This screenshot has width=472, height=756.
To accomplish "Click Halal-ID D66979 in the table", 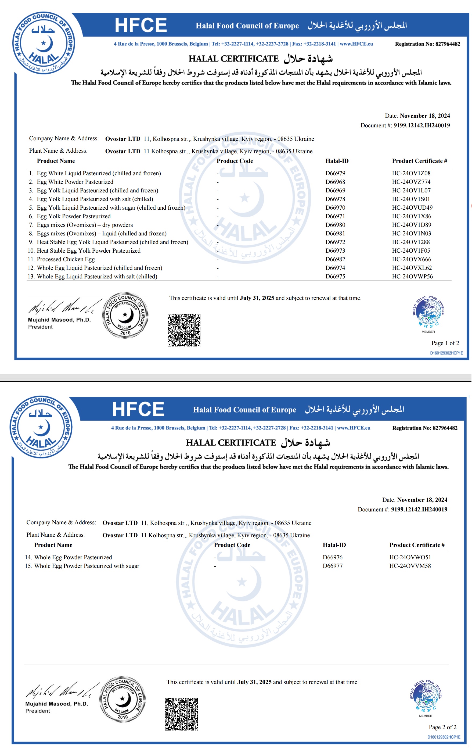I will pos(335,173).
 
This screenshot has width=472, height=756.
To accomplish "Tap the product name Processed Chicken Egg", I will pos(66,259).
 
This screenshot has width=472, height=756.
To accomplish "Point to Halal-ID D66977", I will pos(333,566).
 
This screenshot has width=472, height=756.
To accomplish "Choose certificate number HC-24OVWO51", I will pos(410,557).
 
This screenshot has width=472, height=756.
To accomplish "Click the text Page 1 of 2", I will pos(445,343).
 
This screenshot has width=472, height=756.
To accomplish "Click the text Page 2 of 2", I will pos(442,727).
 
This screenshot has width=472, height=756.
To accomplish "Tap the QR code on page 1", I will pos(184,330).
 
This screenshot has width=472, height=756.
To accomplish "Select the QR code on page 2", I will pos(181,714).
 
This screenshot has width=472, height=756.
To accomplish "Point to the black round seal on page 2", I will pos(122,699).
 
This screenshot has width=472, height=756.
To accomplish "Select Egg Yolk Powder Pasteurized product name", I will pos(73,216).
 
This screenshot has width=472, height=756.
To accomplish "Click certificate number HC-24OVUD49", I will pos(412,208).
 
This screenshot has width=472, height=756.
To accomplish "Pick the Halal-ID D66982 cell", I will pos(335,259).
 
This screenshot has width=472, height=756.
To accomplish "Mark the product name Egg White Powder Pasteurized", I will pos(75,182).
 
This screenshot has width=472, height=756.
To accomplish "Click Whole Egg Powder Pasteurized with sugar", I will pos(87,566).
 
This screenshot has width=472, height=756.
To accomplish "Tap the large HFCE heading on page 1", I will pos(141,25).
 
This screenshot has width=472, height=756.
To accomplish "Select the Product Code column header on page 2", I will pos(232,545).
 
